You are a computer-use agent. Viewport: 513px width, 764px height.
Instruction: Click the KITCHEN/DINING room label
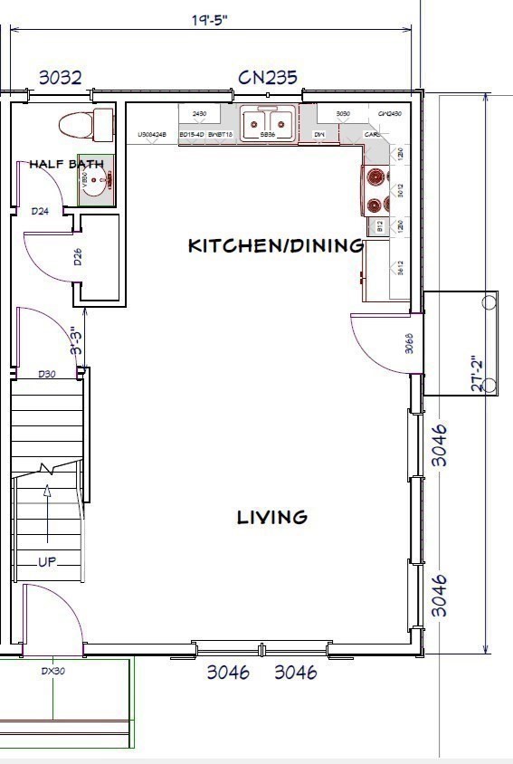click(x=275, y=245)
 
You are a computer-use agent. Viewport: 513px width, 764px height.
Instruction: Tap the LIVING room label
click(x=272, y=517)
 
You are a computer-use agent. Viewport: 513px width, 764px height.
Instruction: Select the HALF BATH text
click(x=66, y=164)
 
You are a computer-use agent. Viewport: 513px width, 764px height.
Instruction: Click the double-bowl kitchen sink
click(x=268, y=121)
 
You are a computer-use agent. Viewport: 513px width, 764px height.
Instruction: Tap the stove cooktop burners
click(x=376, y=191)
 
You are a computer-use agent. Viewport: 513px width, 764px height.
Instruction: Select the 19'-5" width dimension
click(x=210, y=20)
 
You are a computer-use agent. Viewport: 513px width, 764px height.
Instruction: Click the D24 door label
click(x=40, y=212)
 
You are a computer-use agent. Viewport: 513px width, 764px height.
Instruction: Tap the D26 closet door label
click(x=79, y=257)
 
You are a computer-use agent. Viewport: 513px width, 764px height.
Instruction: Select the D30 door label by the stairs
click(x=47, y=374)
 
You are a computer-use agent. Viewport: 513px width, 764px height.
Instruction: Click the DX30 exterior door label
click(x=52, y=672)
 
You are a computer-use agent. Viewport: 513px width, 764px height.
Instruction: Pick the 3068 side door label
click(x=409, y=343)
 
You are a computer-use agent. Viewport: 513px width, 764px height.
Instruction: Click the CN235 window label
click(x=267, y=78)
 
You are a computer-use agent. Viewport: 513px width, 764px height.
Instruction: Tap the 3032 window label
click(x=60, y=78)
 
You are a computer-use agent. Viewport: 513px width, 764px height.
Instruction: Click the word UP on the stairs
click(x=47, y=561)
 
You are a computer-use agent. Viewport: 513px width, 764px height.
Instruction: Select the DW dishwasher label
click(x=318, y=135)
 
